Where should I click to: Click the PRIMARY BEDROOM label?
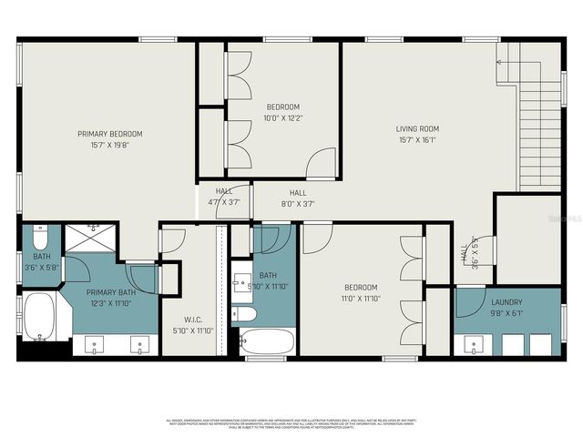tap(109, 134)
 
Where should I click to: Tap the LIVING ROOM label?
tap(417, 128)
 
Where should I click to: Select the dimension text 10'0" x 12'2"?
tap(282, 117)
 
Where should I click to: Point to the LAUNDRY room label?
tap(506, 302)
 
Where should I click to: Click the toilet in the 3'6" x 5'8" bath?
tap(39, 240)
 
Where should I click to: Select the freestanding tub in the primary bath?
tap(40, 316)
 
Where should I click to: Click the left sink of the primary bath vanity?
tap(97, 345)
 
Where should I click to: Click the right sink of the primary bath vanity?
tap(139, 345)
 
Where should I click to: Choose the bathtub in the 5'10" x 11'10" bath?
tap(268, 342)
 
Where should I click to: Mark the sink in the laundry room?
tap(472, 344)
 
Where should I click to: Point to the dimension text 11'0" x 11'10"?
tap(360, 298)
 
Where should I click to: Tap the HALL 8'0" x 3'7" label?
tap(298, 198)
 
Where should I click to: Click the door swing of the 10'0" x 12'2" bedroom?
tap(322, 165)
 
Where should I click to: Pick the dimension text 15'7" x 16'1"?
tap(417, 139)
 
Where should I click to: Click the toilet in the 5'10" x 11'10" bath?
tap(244, 313)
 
